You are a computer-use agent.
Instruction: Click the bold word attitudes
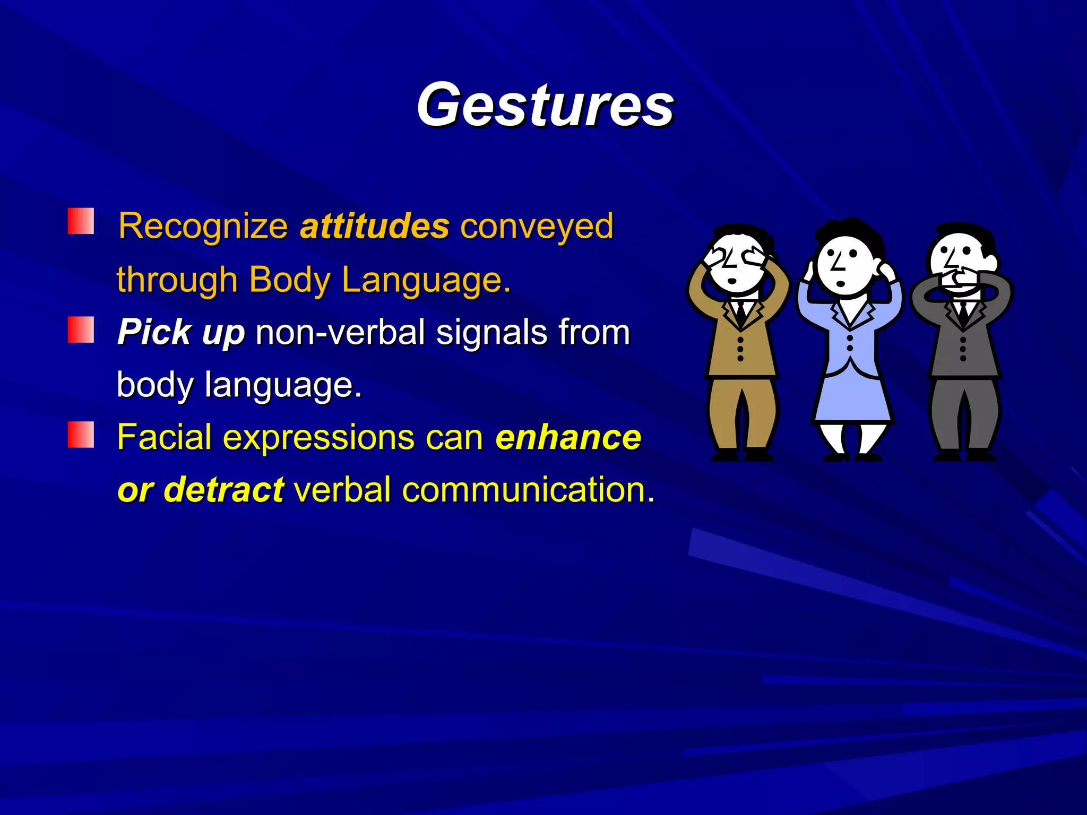coord(375,227)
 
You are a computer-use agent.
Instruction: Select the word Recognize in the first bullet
coord(203,227)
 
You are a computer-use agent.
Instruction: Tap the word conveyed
coord(537,227)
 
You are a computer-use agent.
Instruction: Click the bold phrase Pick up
coord(181,333)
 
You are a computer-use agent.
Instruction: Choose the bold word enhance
coord(568,437)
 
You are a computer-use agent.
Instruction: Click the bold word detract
coord(224,489)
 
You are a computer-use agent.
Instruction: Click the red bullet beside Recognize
coord(81,221)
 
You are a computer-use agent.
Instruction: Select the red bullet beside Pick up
coord(81,330)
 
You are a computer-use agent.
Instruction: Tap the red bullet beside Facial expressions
coord(81,435)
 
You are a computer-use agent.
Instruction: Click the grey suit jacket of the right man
coord(963,345)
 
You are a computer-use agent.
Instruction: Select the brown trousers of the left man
coord(741,414)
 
